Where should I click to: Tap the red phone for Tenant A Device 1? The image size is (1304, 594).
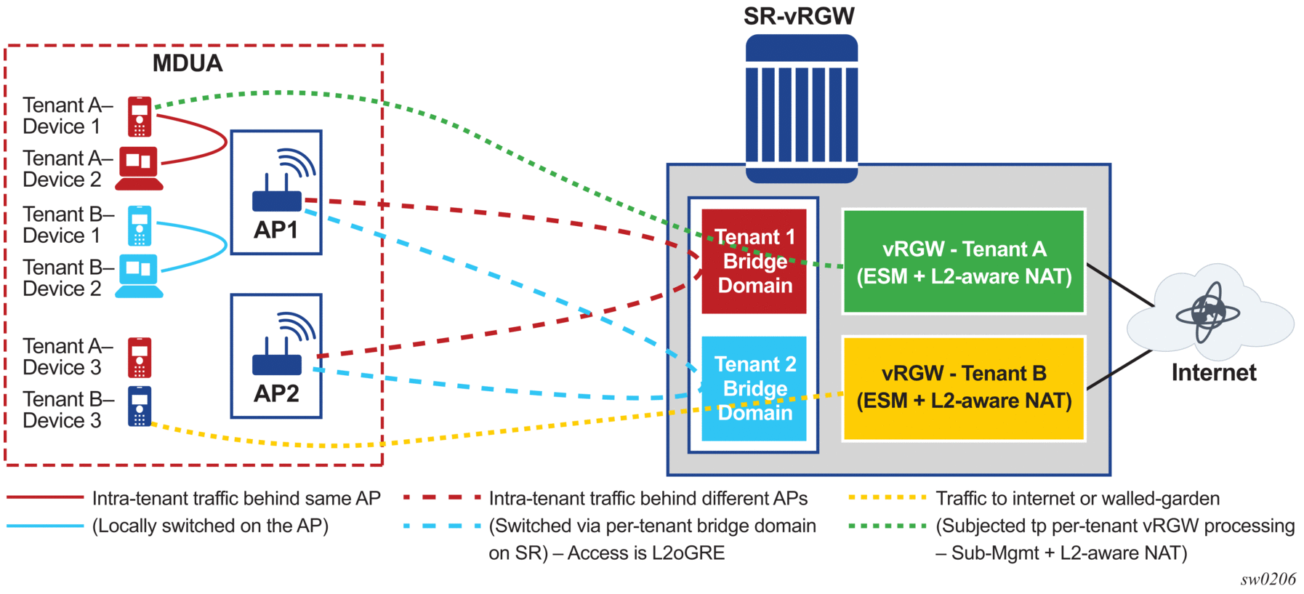click(140, 116)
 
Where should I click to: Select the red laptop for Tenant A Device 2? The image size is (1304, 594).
click(140, 168)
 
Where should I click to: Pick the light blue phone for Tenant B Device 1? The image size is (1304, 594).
click(140, 225)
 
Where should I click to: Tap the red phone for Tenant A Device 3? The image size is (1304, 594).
click(140, 357)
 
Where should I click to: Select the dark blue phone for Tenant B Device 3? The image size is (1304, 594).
click(140, 406)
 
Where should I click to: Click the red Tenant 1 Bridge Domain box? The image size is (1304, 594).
click(754, 262)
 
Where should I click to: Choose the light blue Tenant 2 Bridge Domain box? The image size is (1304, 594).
click(754, 388)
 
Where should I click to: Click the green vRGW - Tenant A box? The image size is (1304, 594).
click(963, 262)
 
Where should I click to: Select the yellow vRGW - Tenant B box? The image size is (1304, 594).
click(963, 388)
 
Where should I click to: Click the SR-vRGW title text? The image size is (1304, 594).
click(799, 16)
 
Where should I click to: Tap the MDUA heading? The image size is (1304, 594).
click(188, 63)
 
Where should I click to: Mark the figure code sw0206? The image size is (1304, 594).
click(1268, 579)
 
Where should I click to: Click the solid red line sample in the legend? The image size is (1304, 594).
click(45, 498)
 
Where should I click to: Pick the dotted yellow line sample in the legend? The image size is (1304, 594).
click(887, 498)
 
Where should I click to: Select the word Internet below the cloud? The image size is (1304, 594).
click(1213, 373)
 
